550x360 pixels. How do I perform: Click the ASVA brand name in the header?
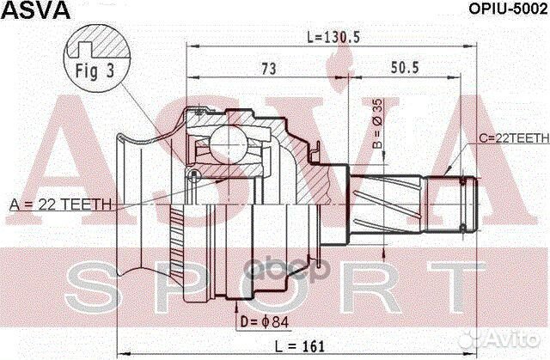[35, 11]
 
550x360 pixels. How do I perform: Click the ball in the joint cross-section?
[230, 142]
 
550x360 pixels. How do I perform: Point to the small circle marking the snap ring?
[194, 176]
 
